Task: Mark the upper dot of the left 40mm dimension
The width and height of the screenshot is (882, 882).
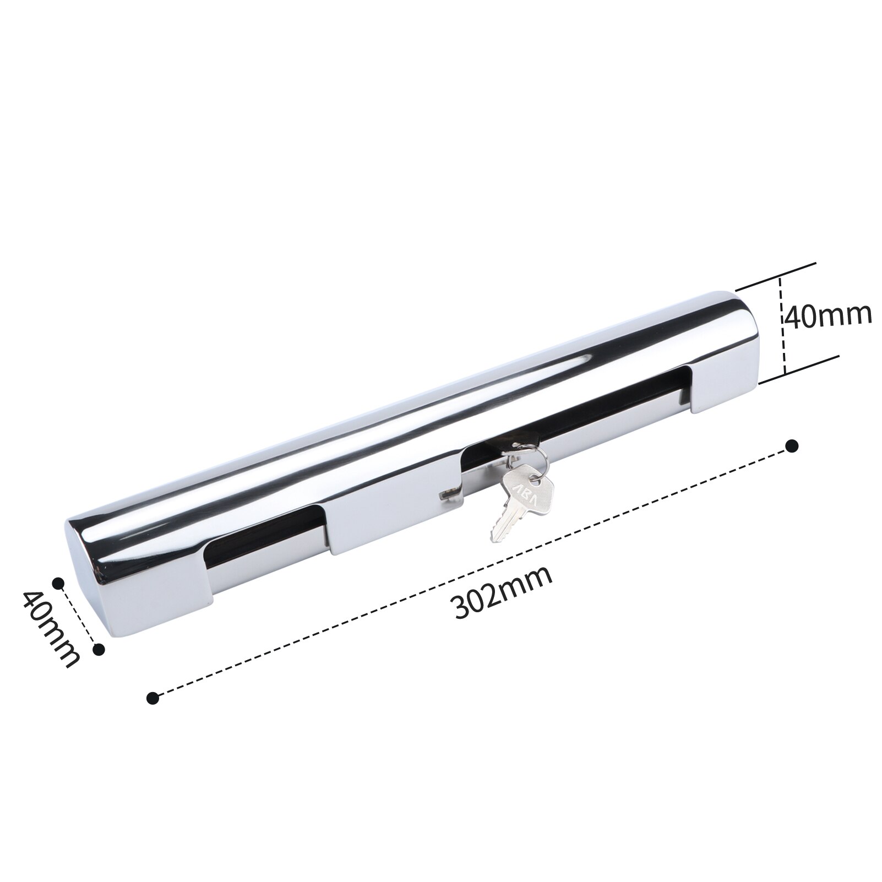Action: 57,582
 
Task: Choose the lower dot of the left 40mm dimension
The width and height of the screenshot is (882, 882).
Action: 99,650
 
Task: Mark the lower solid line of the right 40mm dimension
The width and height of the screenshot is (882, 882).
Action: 798,369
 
